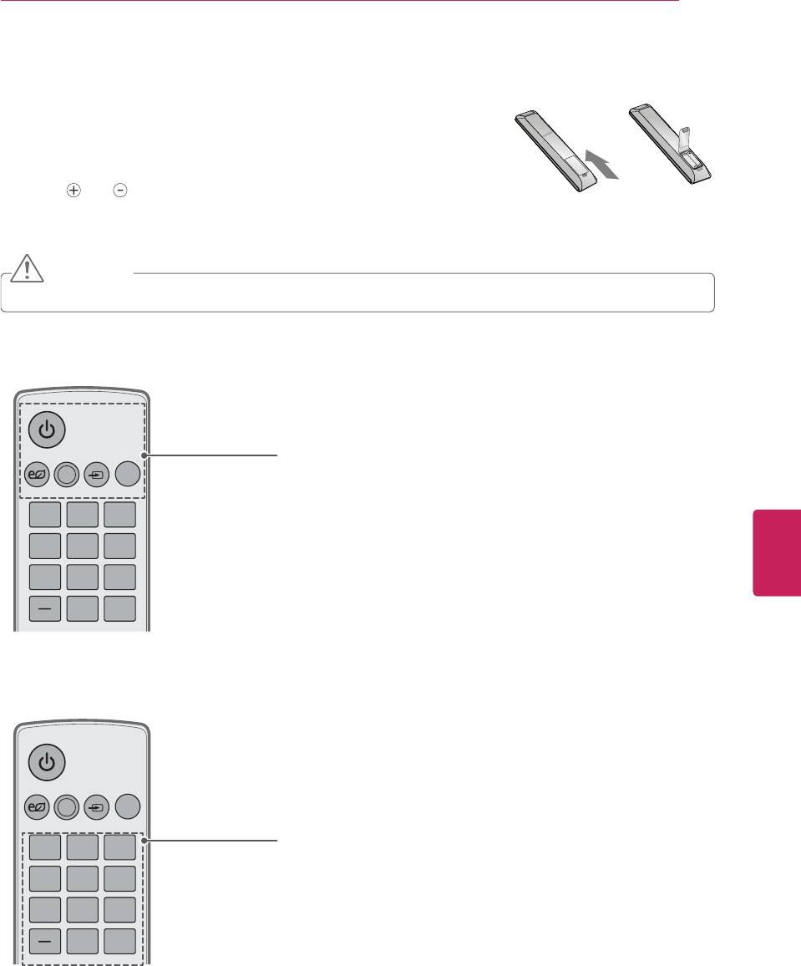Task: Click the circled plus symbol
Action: coord(74,191)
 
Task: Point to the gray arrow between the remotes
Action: coord(604,165)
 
